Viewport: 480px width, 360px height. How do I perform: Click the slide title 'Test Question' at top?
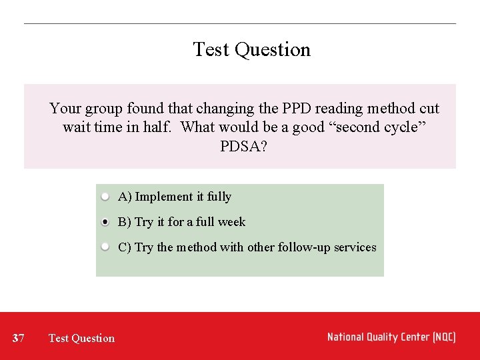(x=251, y=49)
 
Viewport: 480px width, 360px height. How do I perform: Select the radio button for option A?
(x=105, y=197)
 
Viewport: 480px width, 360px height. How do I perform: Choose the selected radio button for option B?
(x=105, y=222)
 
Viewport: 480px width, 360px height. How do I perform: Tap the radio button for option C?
(x=105, y=247)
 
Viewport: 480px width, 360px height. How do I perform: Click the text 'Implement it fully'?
(x=183, y=197)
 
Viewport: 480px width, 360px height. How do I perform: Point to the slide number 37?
(x=19, y=338)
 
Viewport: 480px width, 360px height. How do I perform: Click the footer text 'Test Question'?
(x=81, y=338)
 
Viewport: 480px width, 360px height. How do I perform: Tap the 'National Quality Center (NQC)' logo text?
(x=391, y=337)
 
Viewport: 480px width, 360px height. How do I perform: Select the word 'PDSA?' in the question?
(x=243, y=145)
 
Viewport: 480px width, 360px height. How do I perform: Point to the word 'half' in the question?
(x=159, y=127)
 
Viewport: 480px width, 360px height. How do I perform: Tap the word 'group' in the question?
(x=103, y=108)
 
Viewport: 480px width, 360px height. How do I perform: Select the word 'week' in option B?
(x=231, y=222)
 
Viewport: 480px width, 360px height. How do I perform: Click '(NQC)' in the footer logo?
(x=443, y=337)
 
